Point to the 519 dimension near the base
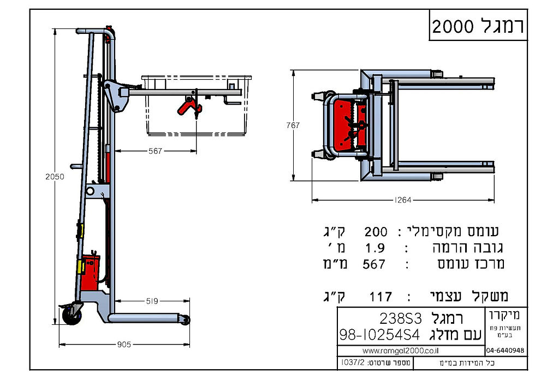pyautogui.click(x=153, y=301)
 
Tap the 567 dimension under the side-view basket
pyautogui.click(x=155, y=151)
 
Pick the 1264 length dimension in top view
pyautogui.click(x=402, y=200)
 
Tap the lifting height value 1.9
pyautogui.click(x=375, y=248)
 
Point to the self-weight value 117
pyautogui.click(x=381, y=296)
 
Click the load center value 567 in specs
pyautogui.click(x=374, y=264)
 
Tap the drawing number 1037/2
pyautogui.click(x=347, y=363)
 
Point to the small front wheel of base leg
pyautogui.click(x=187, y=320)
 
